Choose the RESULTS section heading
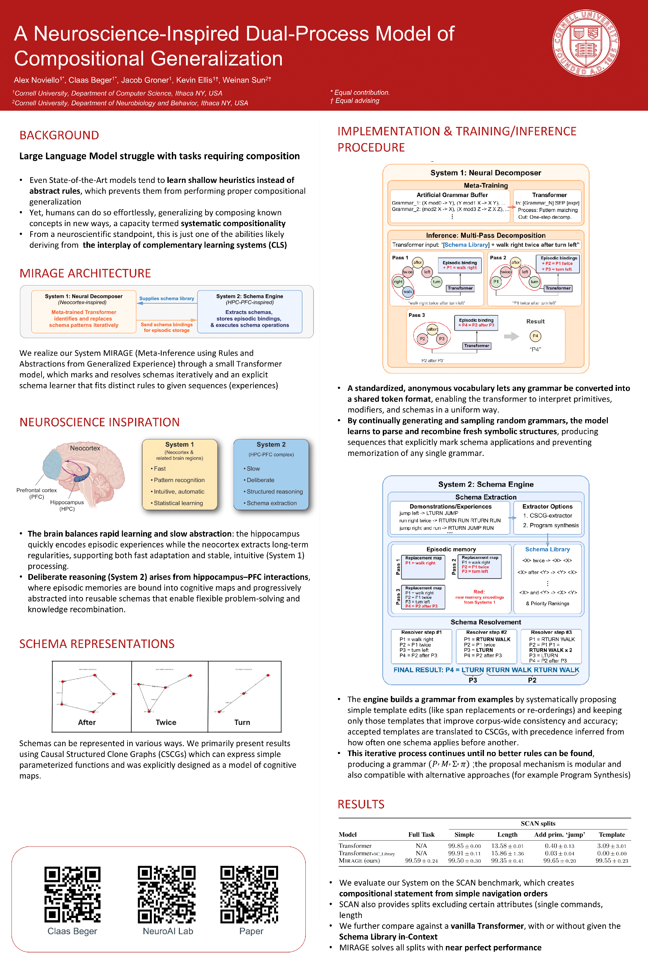(361, 804)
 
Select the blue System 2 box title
(271, 444)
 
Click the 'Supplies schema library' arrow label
(166, 298)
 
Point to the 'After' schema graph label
(87, 722)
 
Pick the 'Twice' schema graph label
(166, 722)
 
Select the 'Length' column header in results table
(507, 834)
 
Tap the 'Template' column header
(612, 834)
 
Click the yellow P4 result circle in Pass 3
(535, 336)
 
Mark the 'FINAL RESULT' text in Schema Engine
(418, 670)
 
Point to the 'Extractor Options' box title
(547, 506)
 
